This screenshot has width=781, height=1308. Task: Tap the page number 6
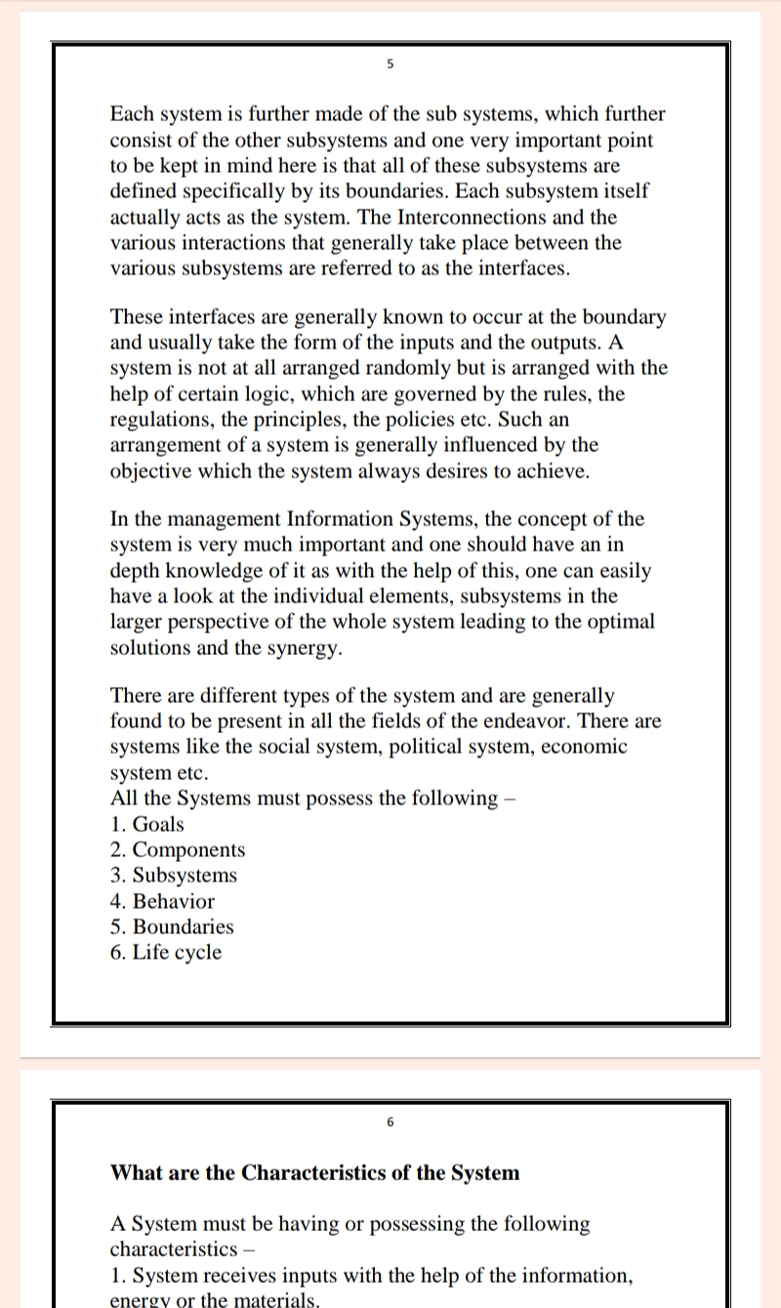point(390,1123)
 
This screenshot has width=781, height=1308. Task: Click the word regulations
point(161,419)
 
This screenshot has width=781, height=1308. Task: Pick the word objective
point(156,470)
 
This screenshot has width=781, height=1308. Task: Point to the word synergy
point(303,647)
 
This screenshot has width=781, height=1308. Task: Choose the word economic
point(578,747)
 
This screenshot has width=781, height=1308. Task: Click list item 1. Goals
point(147,824)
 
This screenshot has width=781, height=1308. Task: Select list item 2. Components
point(178,850)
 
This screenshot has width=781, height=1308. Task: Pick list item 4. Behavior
point(162,901)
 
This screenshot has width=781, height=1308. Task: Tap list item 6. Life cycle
point(166,953)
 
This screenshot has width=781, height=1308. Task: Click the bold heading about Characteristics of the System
point(314,1172)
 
